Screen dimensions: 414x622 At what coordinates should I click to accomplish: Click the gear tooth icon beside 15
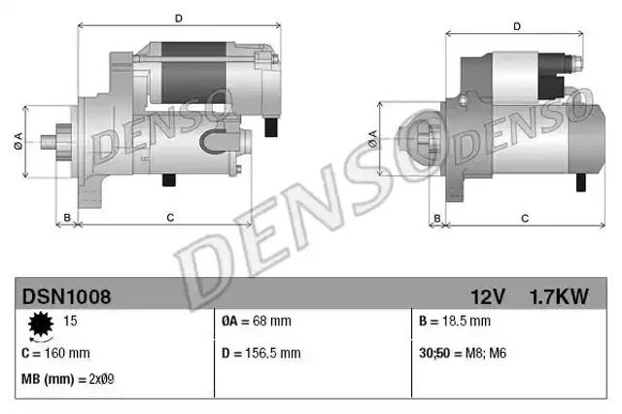pos(41,323)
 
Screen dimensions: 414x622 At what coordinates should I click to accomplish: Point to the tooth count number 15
pos(70,320)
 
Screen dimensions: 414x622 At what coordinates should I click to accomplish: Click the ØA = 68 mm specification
pos(257,321)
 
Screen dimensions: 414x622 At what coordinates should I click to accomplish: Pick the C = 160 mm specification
pos(56,352)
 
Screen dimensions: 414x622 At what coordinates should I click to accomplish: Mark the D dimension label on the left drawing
pos(178,17)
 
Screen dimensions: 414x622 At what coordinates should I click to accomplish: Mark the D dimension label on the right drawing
pos(516,26)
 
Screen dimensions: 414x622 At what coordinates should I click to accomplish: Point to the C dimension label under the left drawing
pos(170,217)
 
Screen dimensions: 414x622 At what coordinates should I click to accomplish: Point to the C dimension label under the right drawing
pos(524,218)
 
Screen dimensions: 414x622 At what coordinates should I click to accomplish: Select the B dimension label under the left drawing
pos(66,217)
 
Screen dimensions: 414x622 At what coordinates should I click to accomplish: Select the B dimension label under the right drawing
pos(438,218)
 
